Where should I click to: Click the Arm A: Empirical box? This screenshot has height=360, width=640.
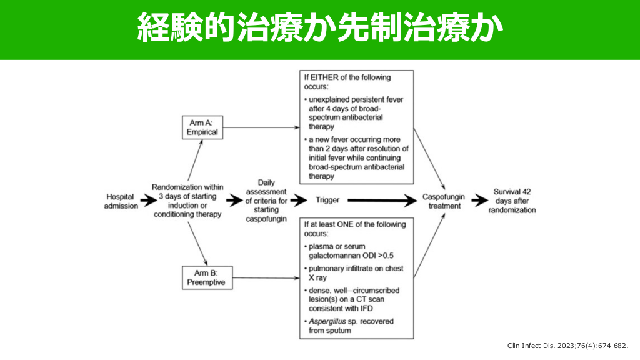coord(202,127)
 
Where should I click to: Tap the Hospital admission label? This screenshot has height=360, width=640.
coord(121,201)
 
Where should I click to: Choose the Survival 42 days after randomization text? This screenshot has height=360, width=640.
coord(512,201)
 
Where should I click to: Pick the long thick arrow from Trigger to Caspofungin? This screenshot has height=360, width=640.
coord(381,201)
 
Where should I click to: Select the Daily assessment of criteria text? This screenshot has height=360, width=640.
coord(266,201)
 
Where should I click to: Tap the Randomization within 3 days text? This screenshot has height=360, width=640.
coord(187,201)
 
